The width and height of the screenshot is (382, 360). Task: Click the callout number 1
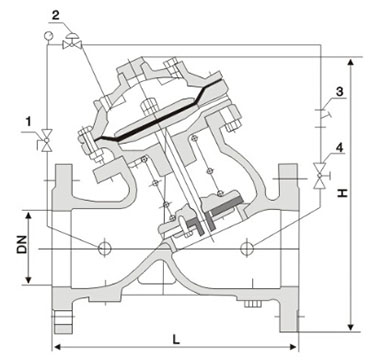point(29,122)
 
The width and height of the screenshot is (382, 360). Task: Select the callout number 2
point(56,16)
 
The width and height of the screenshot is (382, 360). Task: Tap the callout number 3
point(339,92)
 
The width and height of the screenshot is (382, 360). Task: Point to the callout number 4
point(339,147)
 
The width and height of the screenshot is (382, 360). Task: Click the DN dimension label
point(22,244)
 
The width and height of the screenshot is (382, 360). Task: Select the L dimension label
point(176,339)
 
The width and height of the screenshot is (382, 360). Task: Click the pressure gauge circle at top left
point(48,35)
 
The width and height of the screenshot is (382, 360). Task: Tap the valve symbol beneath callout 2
point(72,41)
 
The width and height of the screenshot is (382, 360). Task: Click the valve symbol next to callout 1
point(46,140)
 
